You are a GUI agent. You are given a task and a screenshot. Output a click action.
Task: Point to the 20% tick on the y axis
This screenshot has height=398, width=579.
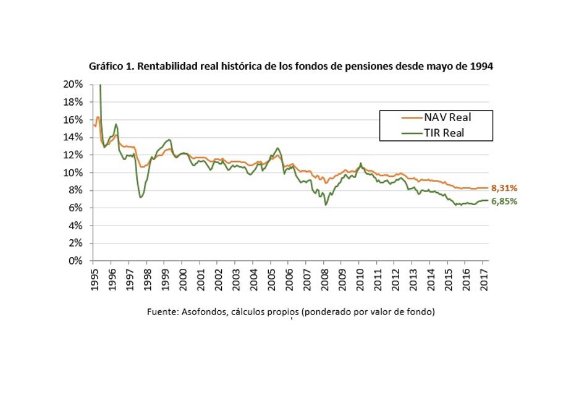(74, 84)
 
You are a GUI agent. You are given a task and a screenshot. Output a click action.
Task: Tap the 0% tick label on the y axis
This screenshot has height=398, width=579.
(77, 261)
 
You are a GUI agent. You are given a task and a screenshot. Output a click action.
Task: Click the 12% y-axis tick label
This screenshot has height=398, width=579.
(74, 155)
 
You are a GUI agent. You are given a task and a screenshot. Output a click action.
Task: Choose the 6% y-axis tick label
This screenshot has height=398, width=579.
(77, 208)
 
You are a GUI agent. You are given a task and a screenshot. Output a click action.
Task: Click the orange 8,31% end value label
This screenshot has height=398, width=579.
(504, 188)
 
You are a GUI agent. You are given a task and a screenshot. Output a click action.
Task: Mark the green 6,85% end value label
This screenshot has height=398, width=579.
(504, 201)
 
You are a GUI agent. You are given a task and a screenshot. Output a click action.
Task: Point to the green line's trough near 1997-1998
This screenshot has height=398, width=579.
(141, 197)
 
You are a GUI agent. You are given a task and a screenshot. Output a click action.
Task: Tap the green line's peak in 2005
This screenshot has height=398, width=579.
(279, 148)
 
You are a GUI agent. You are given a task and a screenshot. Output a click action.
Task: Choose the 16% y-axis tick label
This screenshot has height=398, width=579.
(74, 119)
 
